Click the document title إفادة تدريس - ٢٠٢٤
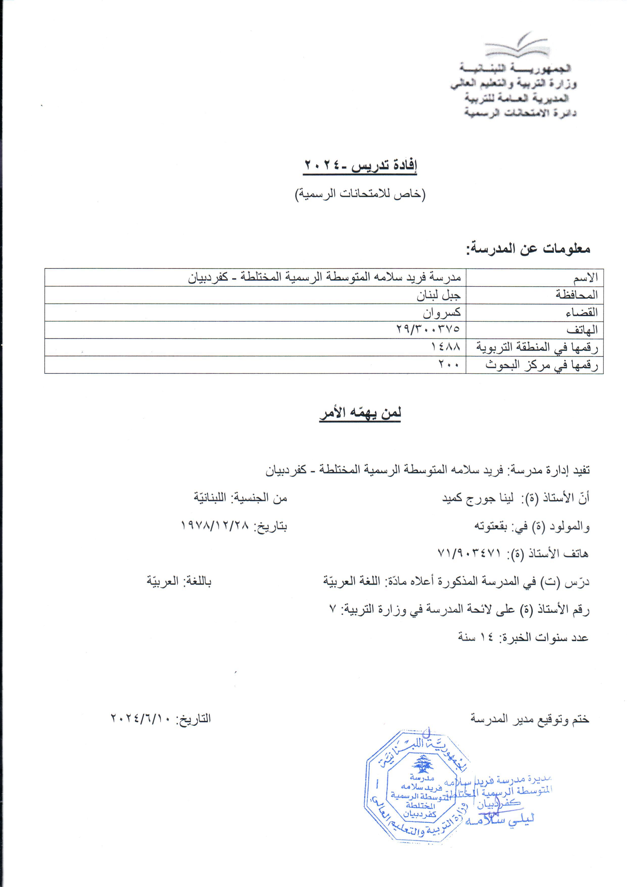click(360, 166)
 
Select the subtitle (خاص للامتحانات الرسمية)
click(360, 194)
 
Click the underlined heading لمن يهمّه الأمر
click(360, 413)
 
